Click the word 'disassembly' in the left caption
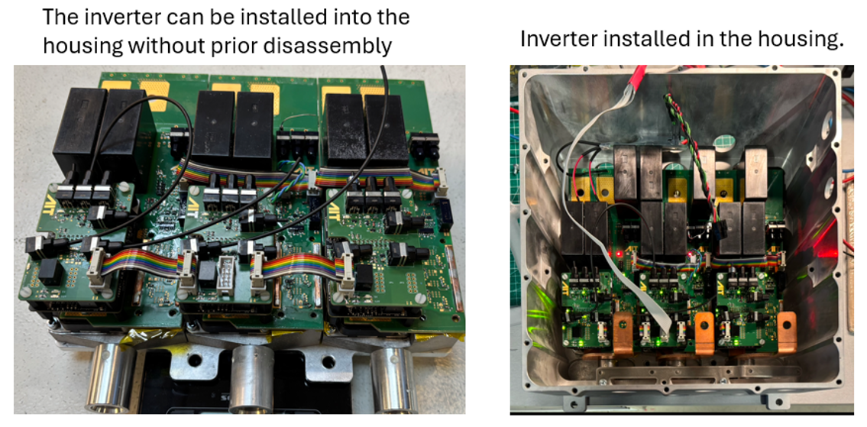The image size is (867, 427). (327, 46)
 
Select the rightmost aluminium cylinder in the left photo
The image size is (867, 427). (394, 380)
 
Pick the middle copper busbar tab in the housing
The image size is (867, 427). (704, 333)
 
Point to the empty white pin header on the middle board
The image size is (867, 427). (225, 272)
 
